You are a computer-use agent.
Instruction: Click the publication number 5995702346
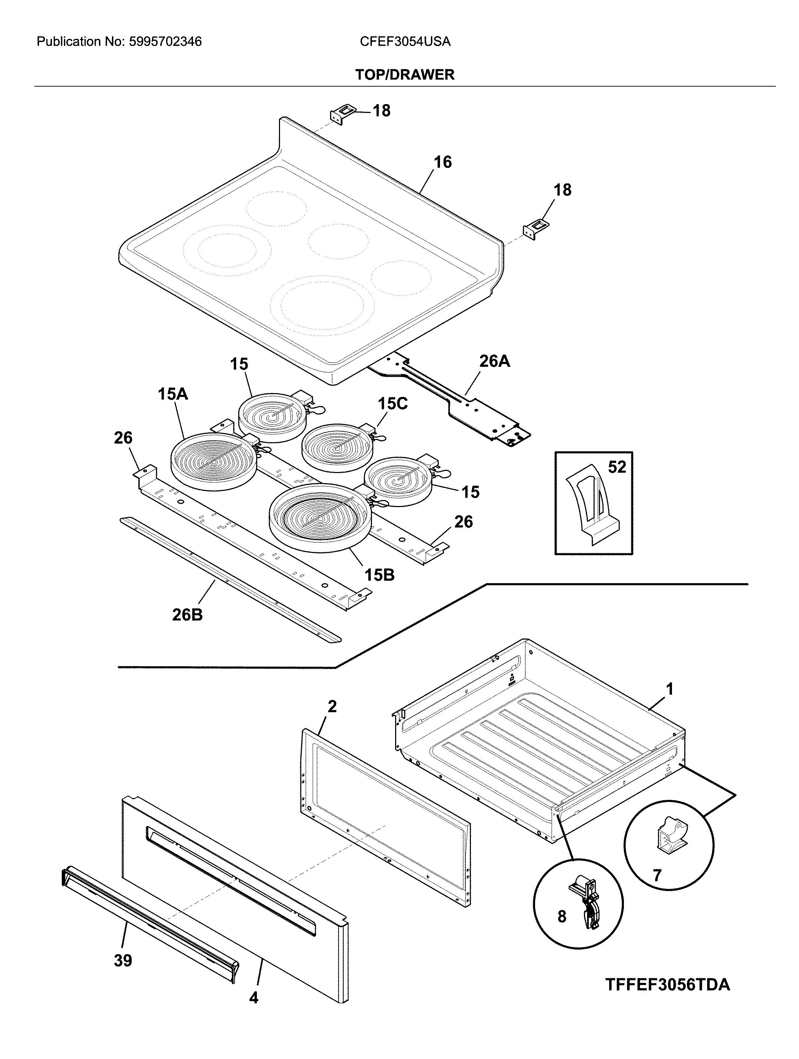point(165,42)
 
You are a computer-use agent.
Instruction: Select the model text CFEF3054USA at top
point(405,42)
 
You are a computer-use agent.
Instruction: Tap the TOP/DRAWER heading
point(405,75)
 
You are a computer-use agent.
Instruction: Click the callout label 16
point(442,162)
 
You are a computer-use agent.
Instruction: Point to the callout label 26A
point(494,362)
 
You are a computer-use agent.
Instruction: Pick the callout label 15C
point(393,404)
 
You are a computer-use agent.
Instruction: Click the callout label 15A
point(173,394)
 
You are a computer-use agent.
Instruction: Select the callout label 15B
point(379,574)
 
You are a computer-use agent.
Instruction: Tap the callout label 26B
point(187,615)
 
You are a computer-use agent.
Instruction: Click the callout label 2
point(332,706)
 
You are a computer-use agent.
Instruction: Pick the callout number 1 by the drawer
point(670,689)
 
